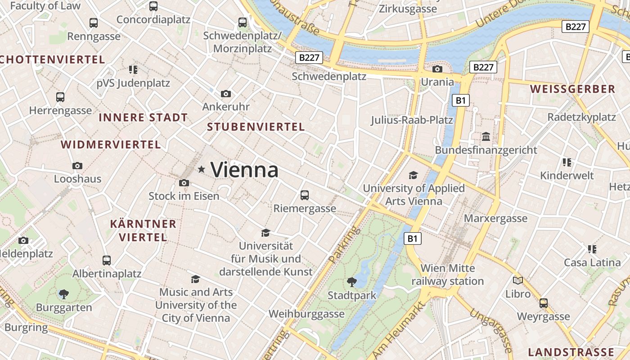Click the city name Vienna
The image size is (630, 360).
click(x=244, y=170)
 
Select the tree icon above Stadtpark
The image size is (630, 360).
click(x=351, y=282)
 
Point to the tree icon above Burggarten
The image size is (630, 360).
click(x=64, y=294)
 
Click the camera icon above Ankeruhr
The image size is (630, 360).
click(x=226, y=94)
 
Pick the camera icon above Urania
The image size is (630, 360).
click(x=437, y=69)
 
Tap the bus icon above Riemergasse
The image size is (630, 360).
click(x=305, y=195)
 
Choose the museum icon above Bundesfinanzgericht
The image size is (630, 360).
click(x=486, y=136)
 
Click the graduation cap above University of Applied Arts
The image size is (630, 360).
click(x=413, y=175)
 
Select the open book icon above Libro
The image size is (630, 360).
click(x=518, y=280)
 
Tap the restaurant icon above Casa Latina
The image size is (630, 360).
click(x=592, y=249)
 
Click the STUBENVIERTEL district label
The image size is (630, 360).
click(x=256, y=127)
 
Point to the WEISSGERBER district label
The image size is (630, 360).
click(x=572, y=89)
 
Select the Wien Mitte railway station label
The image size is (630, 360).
click(x=447, y=275)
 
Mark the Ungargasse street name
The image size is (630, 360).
click(x=491, y=330)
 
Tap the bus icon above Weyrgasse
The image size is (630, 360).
click(x=544, y=303)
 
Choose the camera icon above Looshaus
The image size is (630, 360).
click(x=77, y=166)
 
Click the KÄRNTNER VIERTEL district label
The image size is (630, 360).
click(x=143, y=230)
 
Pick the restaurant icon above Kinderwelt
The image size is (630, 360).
click(x=567, y=162)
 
